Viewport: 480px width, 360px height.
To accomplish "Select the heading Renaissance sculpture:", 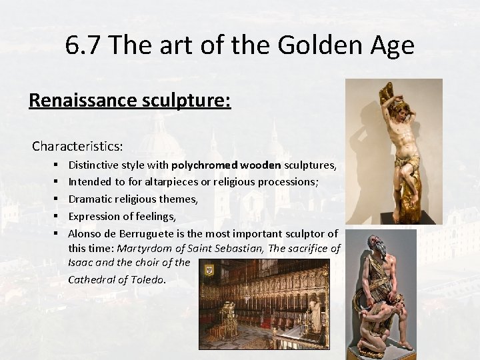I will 130,100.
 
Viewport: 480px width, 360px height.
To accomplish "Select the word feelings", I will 153,216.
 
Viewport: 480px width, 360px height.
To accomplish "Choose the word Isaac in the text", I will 82,263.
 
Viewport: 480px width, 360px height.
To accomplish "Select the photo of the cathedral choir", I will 264,304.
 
